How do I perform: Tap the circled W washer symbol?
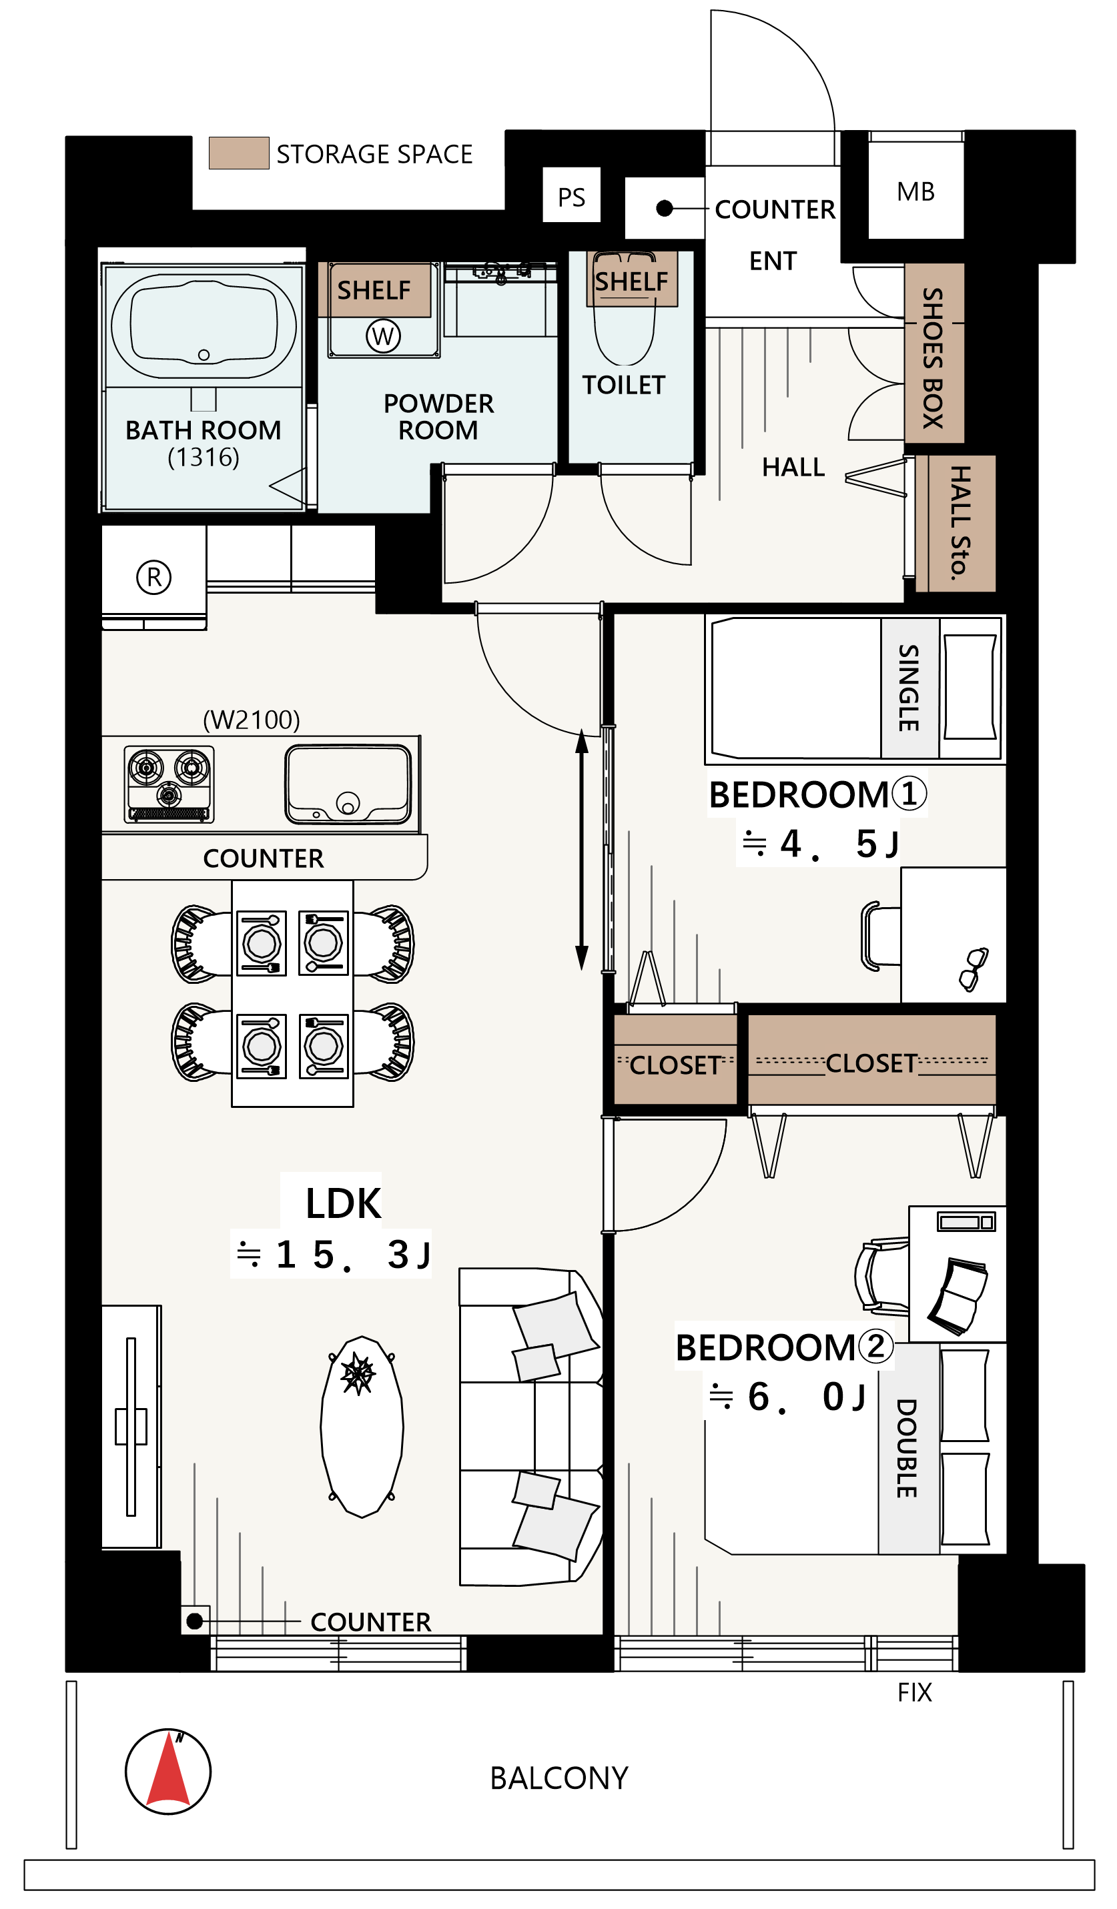click(383, 336)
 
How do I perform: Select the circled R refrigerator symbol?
click(154, 577)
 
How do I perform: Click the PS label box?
click(571, 195)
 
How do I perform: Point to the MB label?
click(915, 191)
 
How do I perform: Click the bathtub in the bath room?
click(204, 326)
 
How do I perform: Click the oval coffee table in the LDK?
click(362, 1425)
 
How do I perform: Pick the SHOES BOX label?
click(933, 358)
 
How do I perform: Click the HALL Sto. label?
click(960, 523)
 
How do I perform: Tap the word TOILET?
click(624, 385)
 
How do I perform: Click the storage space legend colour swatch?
click(239, 153)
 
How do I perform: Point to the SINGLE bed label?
click(909, 688)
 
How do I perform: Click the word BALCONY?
click(559, 1778)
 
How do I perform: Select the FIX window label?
click(915, 1692)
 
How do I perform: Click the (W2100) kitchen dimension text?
click(252, 720)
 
